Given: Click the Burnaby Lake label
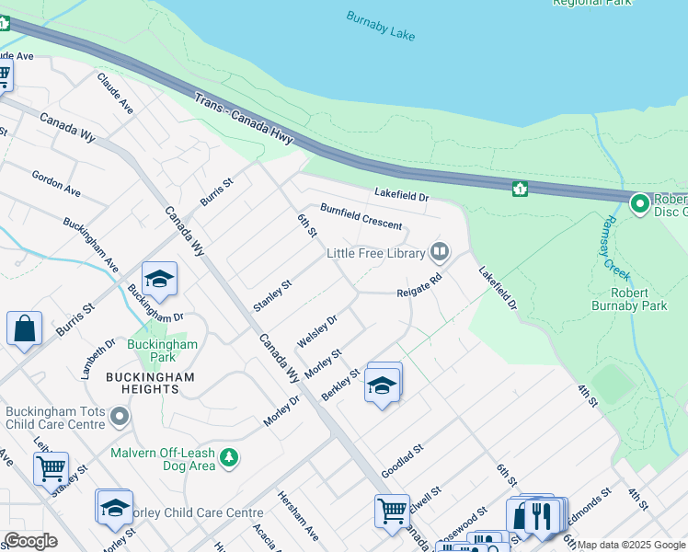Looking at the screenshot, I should (x=381, y=26).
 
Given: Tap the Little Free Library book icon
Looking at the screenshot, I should (x=440, y=252).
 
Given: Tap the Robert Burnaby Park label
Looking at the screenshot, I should (x=630, y=299).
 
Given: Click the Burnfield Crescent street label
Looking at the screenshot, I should (x=361, y=217).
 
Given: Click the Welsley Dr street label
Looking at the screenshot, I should (x=317, y=331).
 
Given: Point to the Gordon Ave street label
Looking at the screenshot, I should (x=56, y=182).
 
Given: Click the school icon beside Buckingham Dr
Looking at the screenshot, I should (x=159, y=280).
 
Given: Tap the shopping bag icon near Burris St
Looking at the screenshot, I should (x=24, y=328).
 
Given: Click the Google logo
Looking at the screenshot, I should (x=29, y=541).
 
